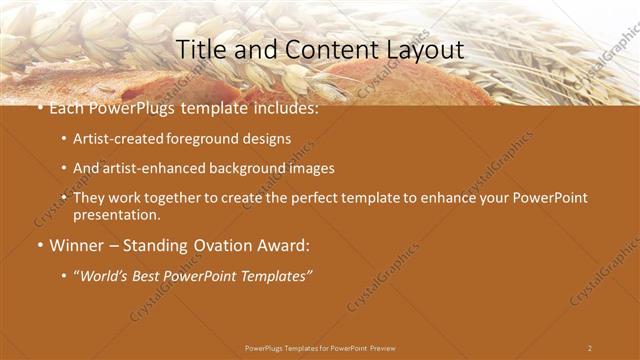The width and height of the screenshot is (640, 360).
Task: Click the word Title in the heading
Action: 199,48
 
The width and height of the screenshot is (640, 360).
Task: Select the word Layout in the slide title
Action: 426,48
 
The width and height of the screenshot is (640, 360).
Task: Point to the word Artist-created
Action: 113,139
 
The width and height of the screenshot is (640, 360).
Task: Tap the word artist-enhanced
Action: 146,169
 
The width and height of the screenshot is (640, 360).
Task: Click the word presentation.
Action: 116,215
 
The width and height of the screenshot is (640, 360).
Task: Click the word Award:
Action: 286,244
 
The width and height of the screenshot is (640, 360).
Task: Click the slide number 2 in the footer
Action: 589,348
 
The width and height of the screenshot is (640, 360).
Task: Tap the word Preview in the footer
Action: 382,348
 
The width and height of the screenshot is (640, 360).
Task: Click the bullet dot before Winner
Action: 39,245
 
